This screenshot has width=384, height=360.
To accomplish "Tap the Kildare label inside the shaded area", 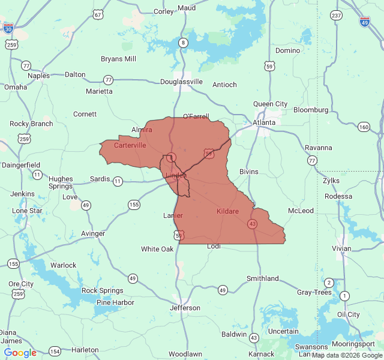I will (x=227, y=212).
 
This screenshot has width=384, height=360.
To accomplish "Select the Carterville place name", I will (x=130, y=145).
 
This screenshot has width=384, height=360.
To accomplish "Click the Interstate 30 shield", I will (x=8, y=28).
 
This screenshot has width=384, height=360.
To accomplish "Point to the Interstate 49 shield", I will (x=365, y=22).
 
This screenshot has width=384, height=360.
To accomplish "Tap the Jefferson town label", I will (x=185, y=308).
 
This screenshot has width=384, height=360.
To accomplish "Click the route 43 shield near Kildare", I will (x=252, y=224).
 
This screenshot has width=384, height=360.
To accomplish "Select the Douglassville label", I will (x=181, y=82).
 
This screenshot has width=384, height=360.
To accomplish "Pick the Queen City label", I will (x=270, y=104).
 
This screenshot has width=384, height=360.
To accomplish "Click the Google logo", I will (x=20, y=353).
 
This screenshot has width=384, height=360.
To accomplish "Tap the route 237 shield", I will (x=336, y=15).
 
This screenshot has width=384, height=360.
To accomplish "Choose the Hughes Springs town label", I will (x=61, y=182).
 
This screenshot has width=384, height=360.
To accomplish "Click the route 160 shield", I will (x=364, y=127).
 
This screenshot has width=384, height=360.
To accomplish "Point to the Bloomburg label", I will (x=311, y=110).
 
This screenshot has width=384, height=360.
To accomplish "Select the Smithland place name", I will (x=263, y=278).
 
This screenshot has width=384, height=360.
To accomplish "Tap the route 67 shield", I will (x=98, y=14).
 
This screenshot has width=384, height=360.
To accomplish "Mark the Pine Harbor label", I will (x=115, y=302).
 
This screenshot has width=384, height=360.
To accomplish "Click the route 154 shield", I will (x=55, y=351).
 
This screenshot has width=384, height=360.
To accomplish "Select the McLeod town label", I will (x=301, y=211).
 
